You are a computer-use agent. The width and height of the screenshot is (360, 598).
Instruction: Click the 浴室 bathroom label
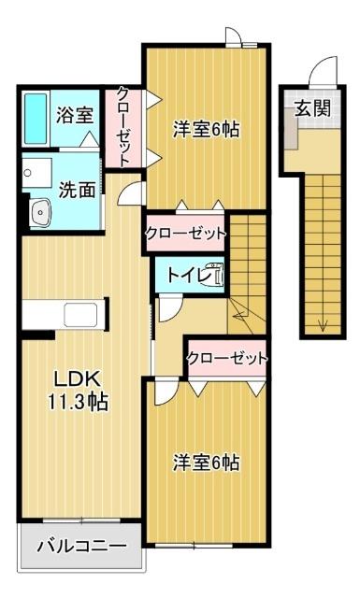pyautogui.click(x=74, y=116)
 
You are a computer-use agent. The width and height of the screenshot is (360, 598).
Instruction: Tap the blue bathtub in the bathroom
pyautogui.click(x=36, y=118)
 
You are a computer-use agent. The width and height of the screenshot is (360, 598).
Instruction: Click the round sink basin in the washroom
pyautogui.click(x=40, y=213)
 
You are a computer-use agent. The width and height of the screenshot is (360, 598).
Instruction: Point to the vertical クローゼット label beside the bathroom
pyautogui.click(x=123, y=126)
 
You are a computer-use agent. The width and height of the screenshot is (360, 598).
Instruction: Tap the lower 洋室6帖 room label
pyautogui.click(x=206, y=462)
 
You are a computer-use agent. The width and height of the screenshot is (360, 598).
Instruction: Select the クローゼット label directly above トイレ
pyautogui.click(x=185, y=234)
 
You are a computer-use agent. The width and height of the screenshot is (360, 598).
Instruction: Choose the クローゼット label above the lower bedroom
pyautogui.click(x=226, y=358)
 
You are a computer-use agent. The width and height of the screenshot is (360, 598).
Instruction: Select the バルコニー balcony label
pyautogui.click(x=81, y=546)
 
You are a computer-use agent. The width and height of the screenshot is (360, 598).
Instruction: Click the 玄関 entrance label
pyautogui.click(x=313, y=107)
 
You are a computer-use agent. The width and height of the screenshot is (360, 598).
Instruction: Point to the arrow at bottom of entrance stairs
pyautogui.click(x=322, y=324)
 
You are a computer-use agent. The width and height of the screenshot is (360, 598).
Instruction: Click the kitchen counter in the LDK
pyautogui.click(x=65, y=313)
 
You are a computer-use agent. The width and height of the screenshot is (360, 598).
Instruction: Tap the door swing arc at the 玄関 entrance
pyautogui.click(x=320, y=73)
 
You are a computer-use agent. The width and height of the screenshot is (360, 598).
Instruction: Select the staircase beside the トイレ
pyautogui.click(x=249, y=266)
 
